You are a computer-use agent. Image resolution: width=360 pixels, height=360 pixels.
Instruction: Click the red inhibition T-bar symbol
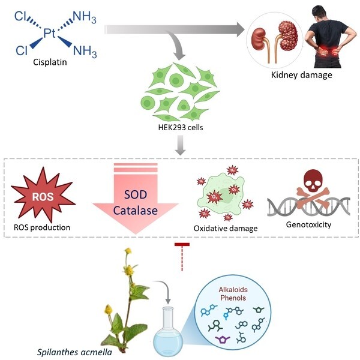(182, 244)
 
